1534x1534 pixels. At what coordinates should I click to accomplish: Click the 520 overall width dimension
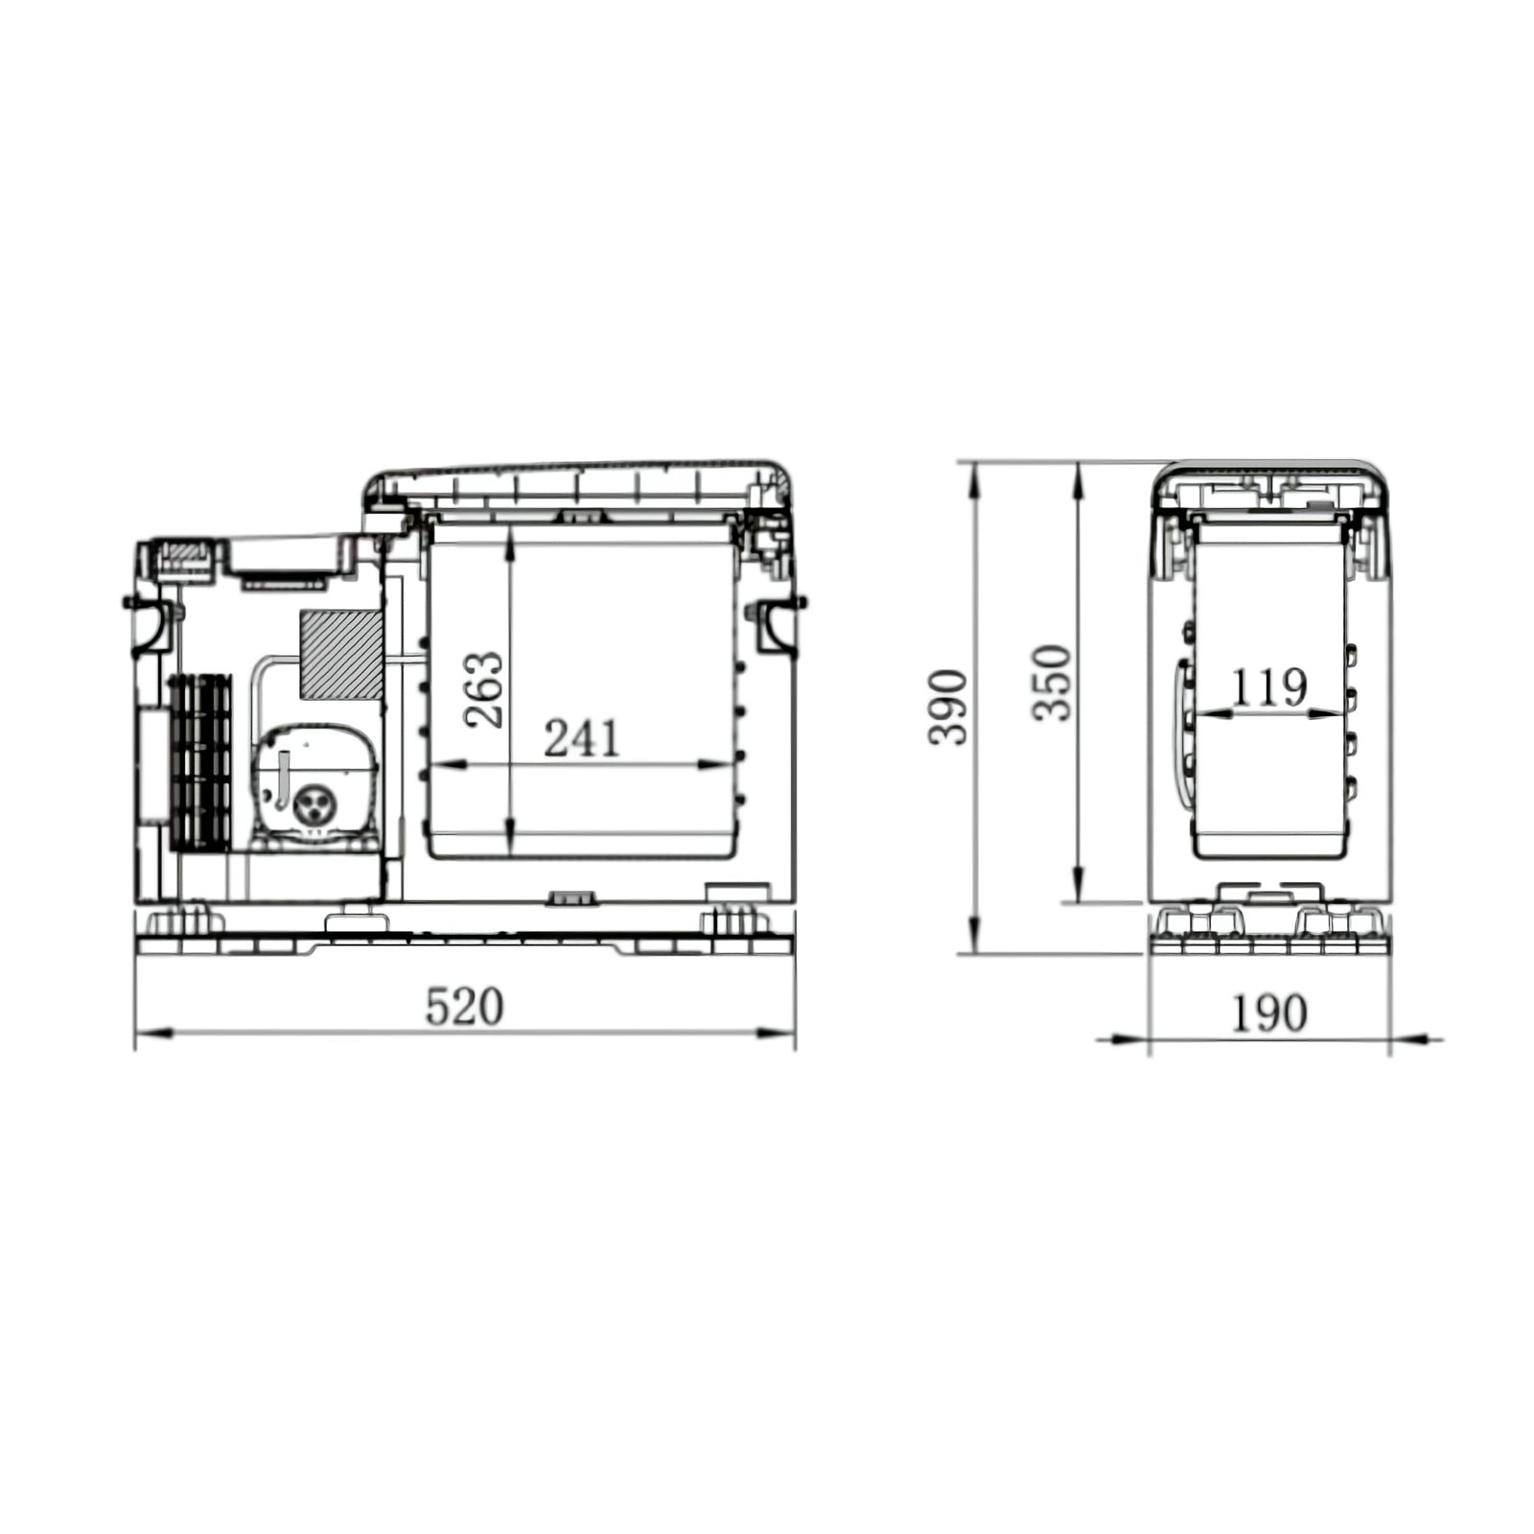pyautogui.click(x=464, y=1007)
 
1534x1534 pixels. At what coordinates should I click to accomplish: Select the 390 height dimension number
pyautogui.click(x=948, y=708)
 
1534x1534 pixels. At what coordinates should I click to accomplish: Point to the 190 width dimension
pyautogui.click(x=1268, y=1013)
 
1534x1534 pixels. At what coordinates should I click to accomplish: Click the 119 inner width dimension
pyautogui.click(x=1268, y=686)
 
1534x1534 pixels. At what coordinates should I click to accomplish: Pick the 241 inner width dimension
pyautogui.click(x=582, y=738)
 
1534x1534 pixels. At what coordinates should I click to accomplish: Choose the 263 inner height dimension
pyautogui.click(x=483, y=690)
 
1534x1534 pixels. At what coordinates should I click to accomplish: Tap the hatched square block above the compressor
pyautogui.click(x=341, y=654)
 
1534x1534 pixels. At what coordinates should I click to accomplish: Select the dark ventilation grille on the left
pyautogui.click(x=200, y=763)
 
